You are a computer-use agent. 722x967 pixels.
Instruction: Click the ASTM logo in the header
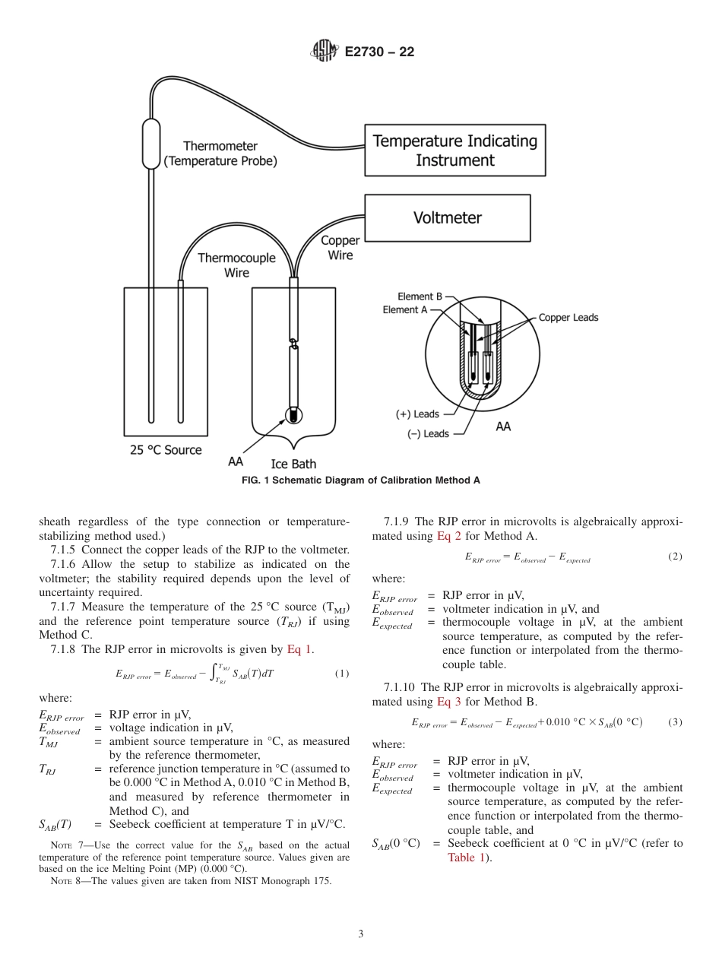pos(325,52)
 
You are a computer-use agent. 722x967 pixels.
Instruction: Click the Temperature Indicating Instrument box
pos(454,150)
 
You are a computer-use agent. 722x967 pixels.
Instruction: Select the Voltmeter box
pos(447,218)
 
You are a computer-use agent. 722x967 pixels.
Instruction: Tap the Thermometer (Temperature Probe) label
pos(220,154)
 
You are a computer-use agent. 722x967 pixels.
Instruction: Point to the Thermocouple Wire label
pos(236,265)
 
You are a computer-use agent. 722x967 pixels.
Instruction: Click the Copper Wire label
pos(340,248)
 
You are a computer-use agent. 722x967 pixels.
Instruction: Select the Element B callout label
pos(418,296)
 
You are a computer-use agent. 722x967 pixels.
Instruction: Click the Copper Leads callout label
pos(568,317)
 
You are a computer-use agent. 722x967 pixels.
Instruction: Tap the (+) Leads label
pos(417,414)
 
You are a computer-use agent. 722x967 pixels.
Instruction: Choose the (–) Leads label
pos(428,433)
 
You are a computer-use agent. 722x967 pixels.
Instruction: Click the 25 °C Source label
pos(166,450)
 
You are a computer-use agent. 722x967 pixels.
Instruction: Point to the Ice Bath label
pos(293,464)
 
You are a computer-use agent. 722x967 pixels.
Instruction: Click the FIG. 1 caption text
pos(360,480)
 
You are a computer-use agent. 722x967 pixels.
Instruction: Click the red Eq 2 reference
pos(448,536)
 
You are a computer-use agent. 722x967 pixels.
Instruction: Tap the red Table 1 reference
pos(467,858)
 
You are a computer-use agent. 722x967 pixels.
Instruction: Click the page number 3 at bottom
pos(360,934)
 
